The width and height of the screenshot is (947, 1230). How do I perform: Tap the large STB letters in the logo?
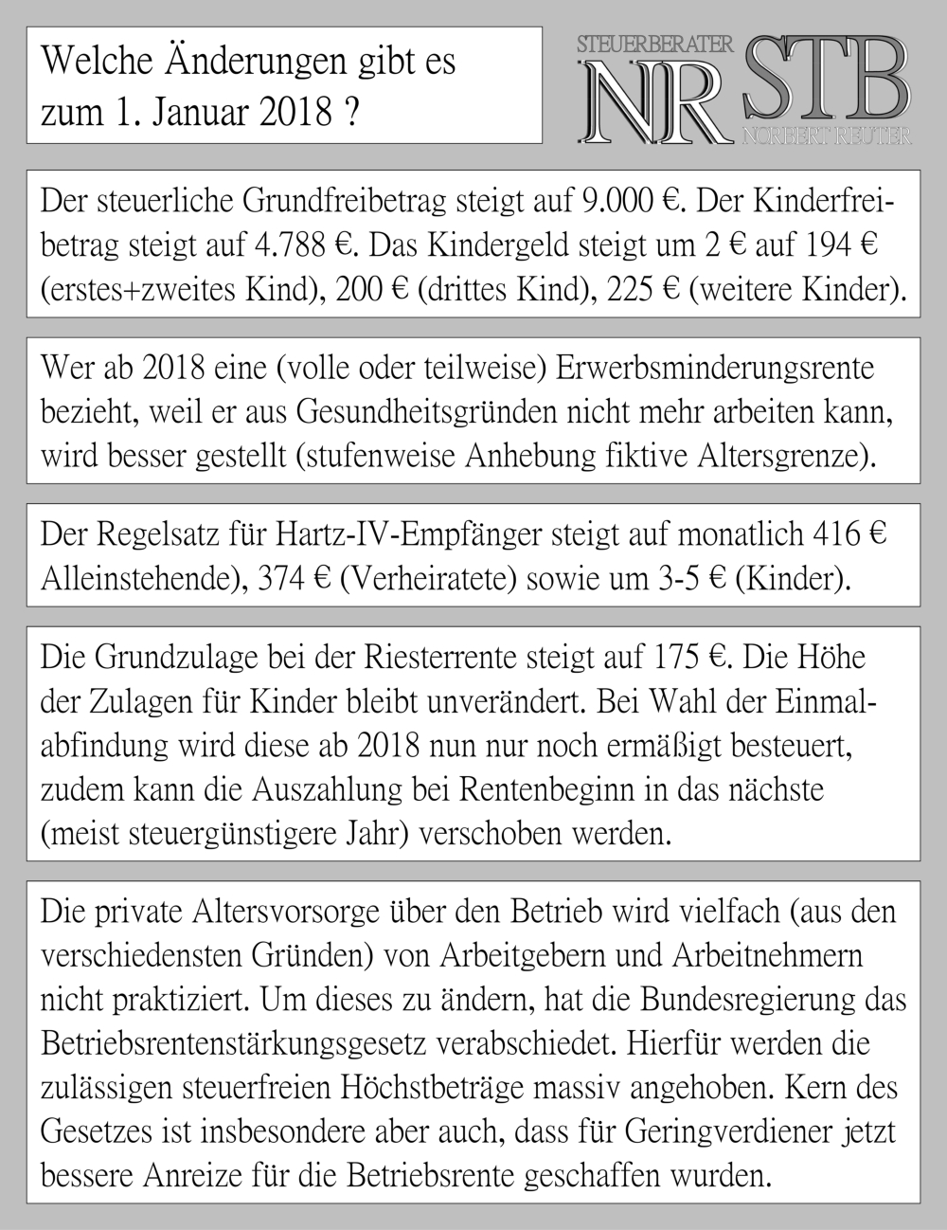pyautogui.click(x=826, y=78)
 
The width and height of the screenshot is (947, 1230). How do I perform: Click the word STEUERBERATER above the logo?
pyautogui.click(x=655, y=44)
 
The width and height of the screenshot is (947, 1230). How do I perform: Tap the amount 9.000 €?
pyautogui.click(x=634, y=202)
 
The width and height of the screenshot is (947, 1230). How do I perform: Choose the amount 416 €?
pyautogui.click(x=849, y=535)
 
